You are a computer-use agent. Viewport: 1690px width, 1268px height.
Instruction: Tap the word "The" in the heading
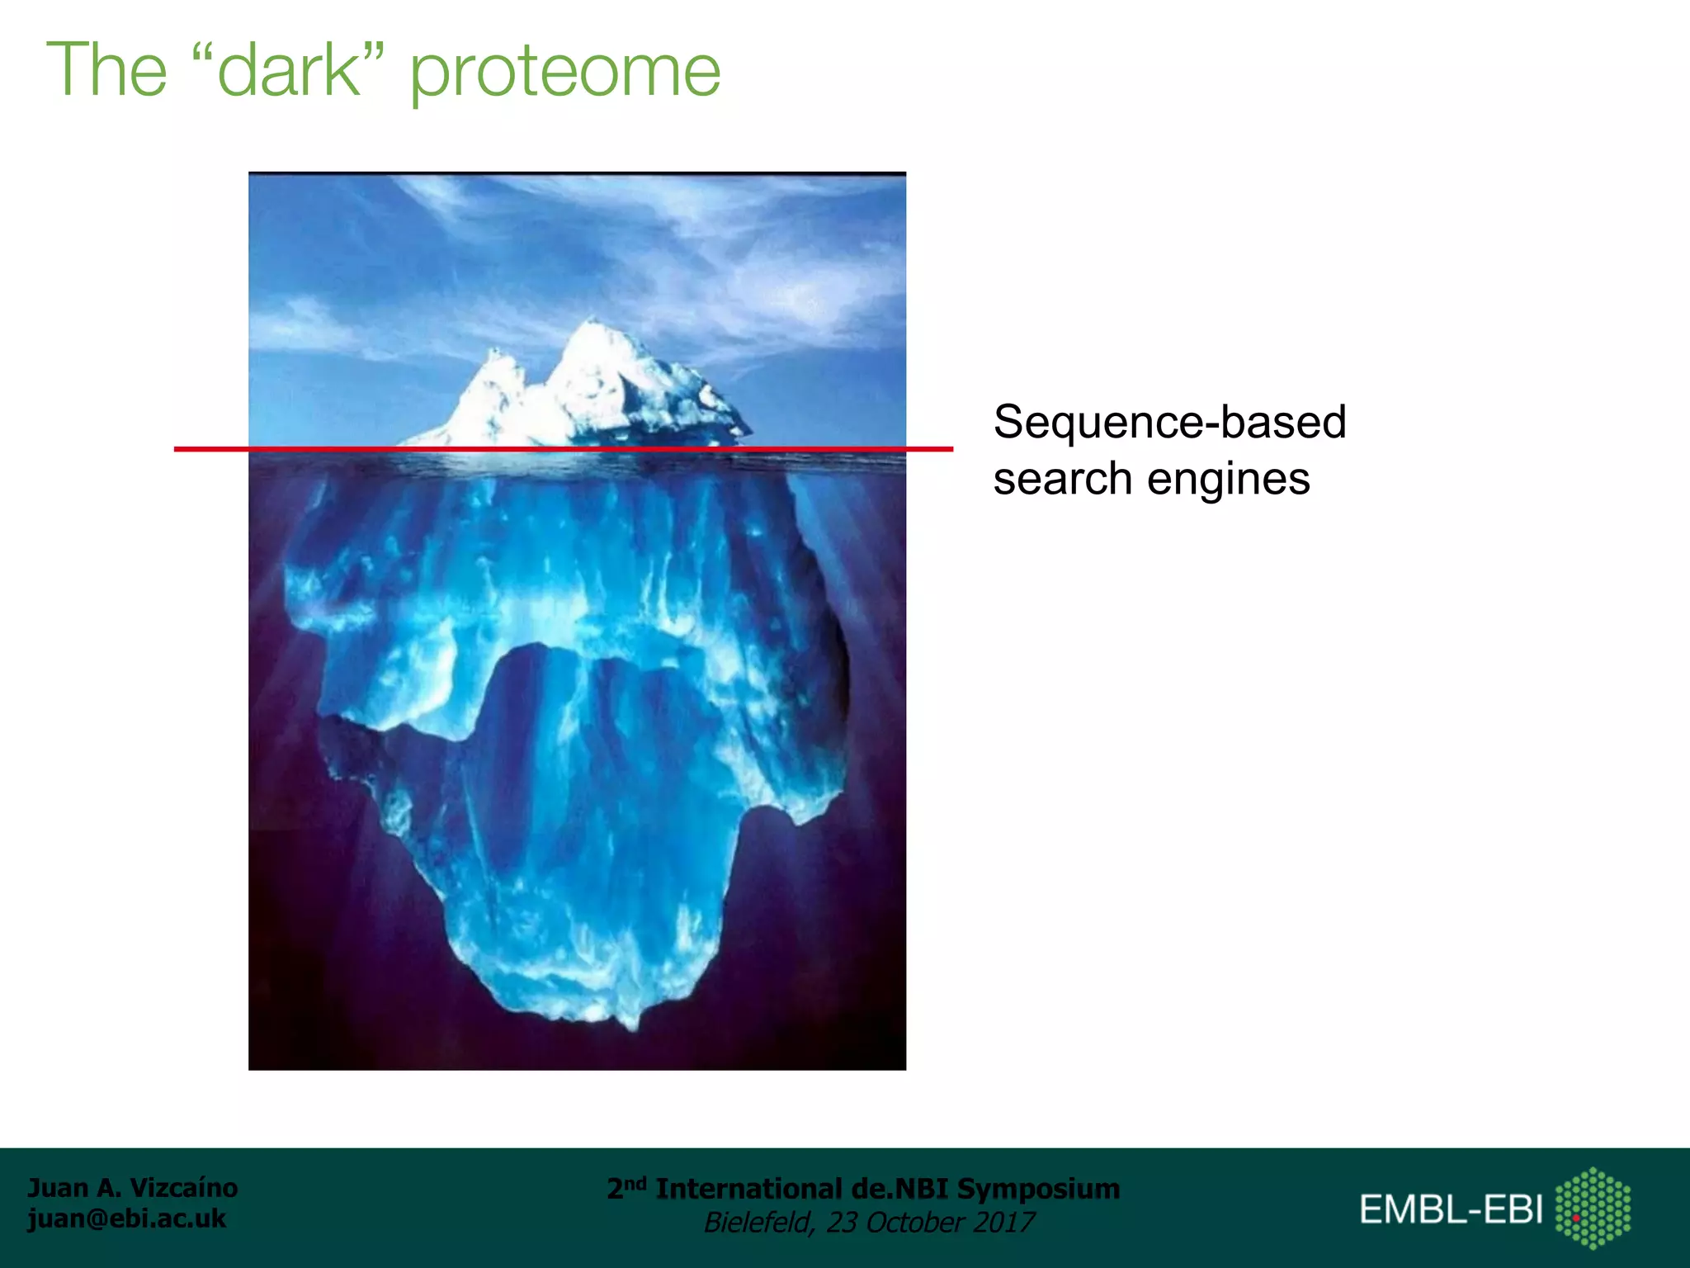[107, 70]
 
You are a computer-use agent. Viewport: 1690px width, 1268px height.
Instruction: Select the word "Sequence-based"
[1169, 423]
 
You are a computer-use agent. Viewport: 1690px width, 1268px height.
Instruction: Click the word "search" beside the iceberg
[1062, 480]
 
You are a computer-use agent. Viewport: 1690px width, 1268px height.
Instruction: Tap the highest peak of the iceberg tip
[592, 323]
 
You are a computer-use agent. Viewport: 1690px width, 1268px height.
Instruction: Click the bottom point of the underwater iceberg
[631, 1026]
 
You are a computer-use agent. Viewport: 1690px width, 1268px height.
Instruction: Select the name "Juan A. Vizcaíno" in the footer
[133, 1188]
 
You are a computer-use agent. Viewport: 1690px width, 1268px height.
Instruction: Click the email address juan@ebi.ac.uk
[126, 1218]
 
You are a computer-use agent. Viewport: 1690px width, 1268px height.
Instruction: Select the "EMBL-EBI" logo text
[1451, 1210]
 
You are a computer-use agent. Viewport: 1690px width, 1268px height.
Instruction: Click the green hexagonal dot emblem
[1593, 1208]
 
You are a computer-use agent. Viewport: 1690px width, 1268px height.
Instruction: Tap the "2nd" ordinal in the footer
[626, 1189]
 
